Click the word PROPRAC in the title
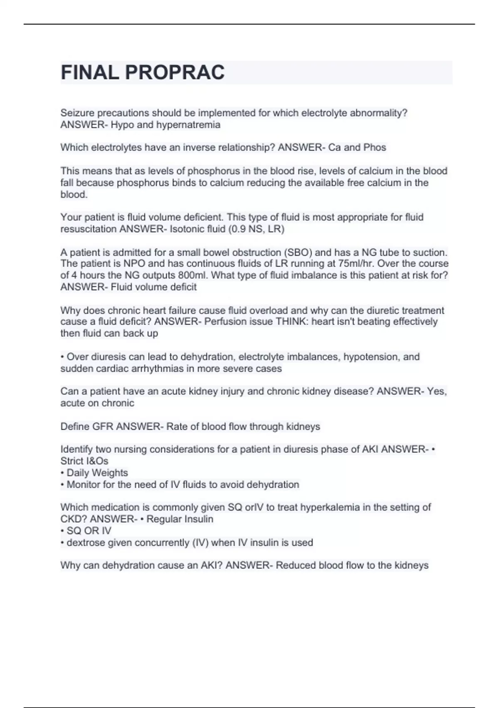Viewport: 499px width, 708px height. [x=175, y=72]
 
